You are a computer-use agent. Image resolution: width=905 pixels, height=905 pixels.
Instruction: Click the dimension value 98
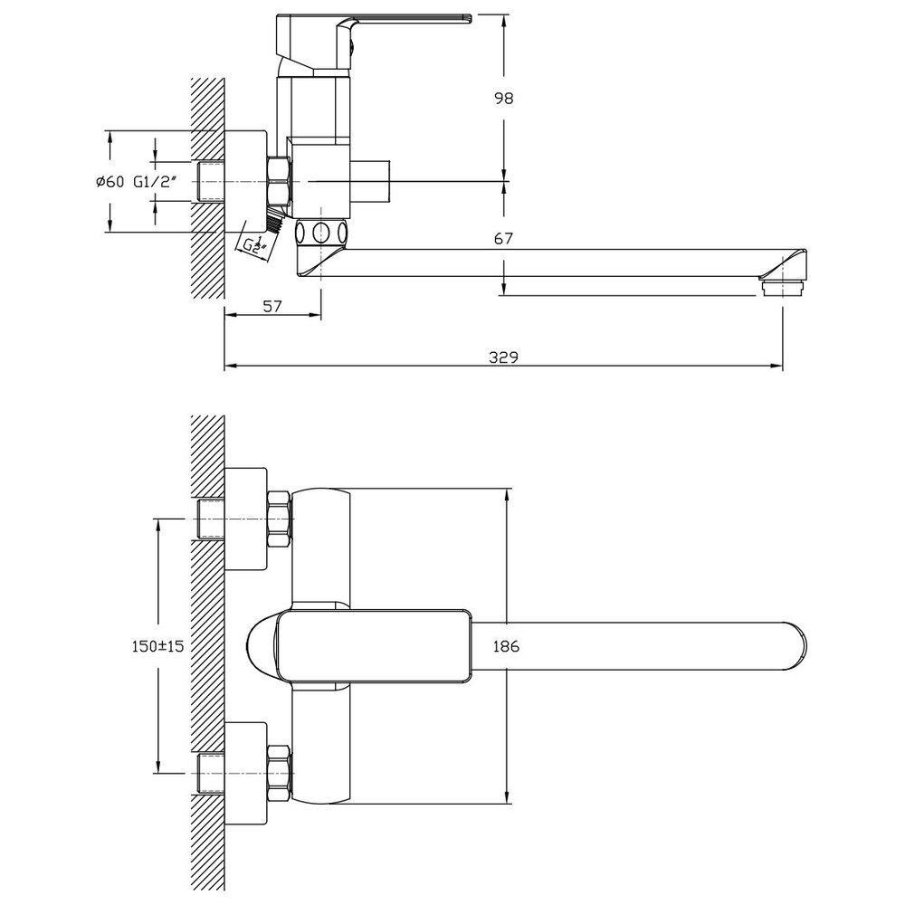[503, 98]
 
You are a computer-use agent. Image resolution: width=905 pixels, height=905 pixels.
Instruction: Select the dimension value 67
[503, 238]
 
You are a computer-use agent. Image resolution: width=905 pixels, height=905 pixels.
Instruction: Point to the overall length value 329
[503, 357]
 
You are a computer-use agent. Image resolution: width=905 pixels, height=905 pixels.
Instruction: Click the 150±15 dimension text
[157, 646]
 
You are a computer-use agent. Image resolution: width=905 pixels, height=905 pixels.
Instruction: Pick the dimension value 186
[506, 646]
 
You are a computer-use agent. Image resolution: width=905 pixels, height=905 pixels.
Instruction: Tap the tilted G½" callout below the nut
[254, 244]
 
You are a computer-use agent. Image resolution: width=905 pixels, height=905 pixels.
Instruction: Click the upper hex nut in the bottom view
[280, 519]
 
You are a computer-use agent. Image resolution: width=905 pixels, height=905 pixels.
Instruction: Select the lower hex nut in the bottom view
[280, 774]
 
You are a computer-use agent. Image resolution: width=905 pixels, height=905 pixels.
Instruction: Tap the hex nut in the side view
[280, 181]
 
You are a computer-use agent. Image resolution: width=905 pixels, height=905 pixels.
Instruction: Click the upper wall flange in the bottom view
[246, 519]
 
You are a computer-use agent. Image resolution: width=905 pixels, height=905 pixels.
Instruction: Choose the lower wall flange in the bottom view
[246, 774]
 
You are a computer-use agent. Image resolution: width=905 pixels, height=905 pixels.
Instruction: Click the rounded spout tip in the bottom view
[795, 646]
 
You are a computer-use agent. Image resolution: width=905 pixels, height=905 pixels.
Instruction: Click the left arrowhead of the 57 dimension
[230, 315]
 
